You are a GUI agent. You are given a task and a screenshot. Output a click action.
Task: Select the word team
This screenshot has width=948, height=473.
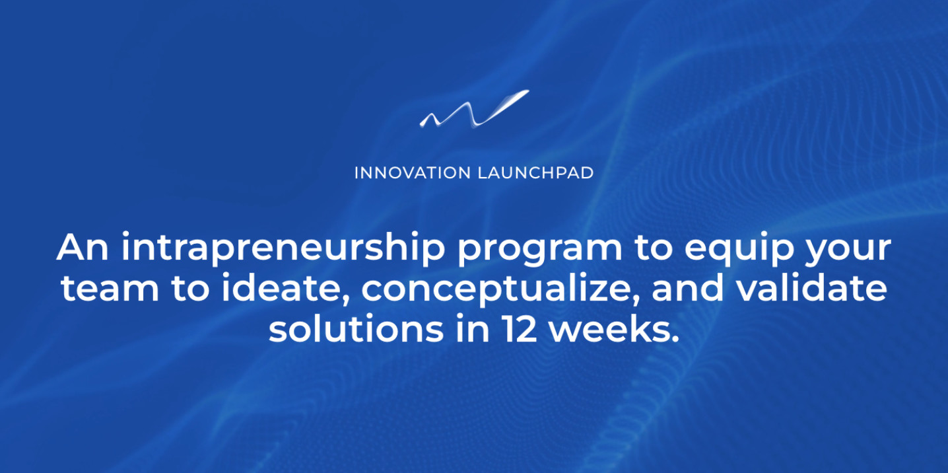[x=102, y=289]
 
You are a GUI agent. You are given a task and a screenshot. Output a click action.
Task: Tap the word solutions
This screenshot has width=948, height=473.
[x=356, y=329]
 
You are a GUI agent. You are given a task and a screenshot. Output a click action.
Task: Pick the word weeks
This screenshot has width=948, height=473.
[x=611, y=329]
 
